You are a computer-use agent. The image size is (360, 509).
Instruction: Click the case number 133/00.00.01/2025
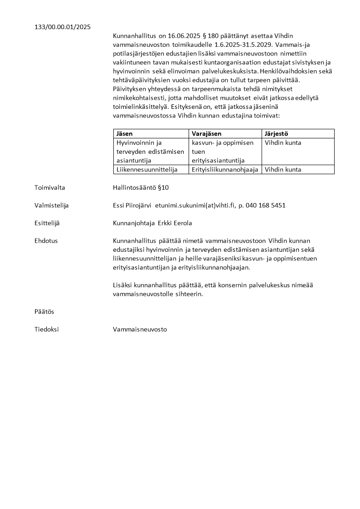click(63, 27)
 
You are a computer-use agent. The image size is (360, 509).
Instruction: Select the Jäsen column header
click(124, 133)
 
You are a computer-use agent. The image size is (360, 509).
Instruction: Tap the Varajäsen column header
click(206, 133)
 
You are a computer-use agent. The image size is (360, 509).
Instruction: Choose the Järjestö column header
click(277, 133)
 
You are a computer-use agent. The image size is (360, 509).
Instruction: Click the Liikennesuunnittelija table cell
click(145, 170)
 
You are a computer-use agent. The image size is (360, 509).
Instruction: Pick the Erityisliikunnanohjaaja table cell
click(225, 170)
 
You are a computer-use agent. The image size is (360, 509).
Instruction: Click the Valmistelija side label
click(52, 206)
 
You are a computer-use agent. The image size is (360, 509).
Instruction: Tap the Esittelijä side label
click(47, 223)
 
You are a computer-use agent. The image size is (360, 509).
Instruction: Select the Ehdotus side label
click(46, 241)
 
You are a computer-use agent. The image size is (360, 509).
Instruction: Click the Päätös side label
click(44, 312)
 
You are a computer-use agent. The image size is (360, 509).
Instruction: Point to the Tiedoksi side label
click(47, 329)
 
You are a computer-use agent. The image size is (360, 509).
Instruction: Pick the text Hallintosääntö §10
click(141, 187)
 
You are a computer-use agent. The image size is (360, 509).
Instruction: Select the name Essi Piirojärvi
click(132, 206)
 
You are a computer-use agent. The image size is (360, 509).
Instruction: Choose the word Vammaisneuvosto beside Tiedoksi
click(140, 329)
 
